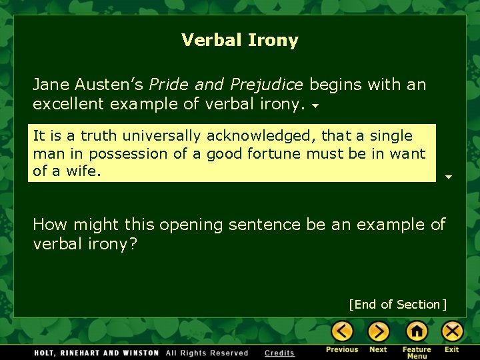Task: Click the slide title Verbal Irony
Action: [x=240, y=40]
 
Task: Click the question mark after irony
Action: [x=133, y=244]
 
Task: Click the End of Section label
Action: [x=397, y=305]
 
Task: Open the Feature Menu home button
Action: [x=417, y=331]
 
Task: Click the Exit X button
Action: [x=453, y=331]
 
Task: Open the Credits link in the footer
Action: [x=279, y=353]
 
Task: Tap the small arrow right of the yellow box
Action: [x=449, y=177]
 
